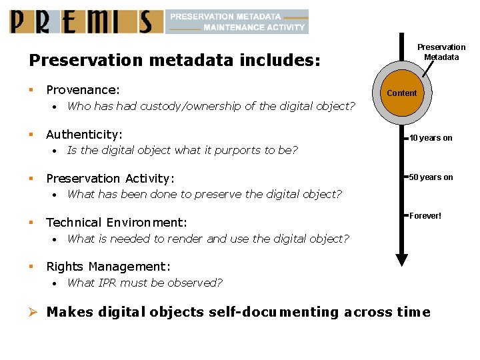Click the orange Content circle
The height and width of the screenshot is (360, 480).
(401, 93)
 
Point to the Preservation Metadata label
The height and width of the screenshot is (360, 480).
(441, 52)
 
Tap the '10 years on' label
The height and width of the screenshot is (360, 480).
(431, 138)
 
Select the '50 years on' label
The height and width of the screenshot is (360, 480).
(431, 177)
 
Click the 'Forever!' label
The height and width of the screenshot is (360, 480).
(425, 216)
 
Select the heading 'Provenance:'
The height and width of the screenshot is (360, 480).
(83, 90)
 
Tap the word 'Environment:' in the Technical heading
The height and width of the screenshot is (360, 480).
(146, 223)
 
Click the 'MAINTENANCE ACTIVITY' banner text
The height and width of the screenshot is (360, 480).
(254, 27)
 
